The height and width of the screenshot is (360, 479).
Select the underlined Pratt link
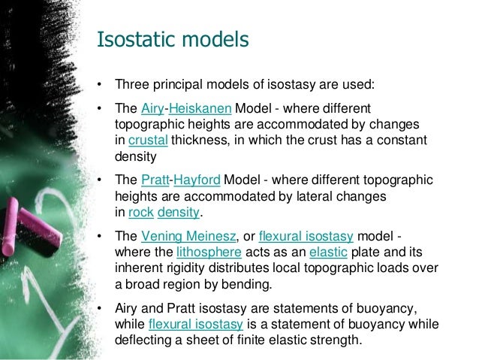coord(155,180)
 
